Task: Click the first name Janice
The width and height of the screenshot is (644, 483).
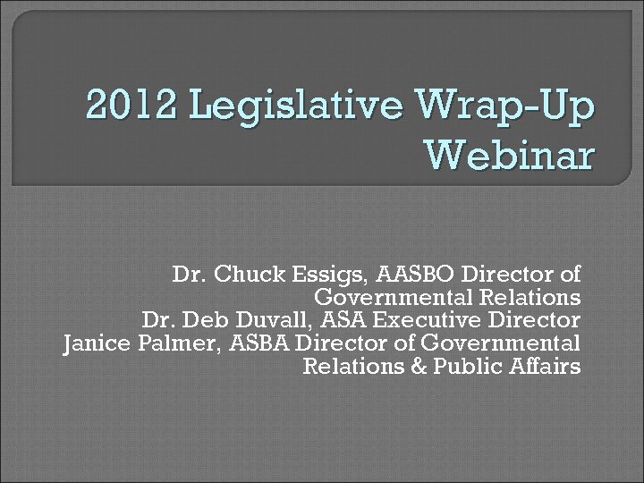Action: [94, 343]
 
